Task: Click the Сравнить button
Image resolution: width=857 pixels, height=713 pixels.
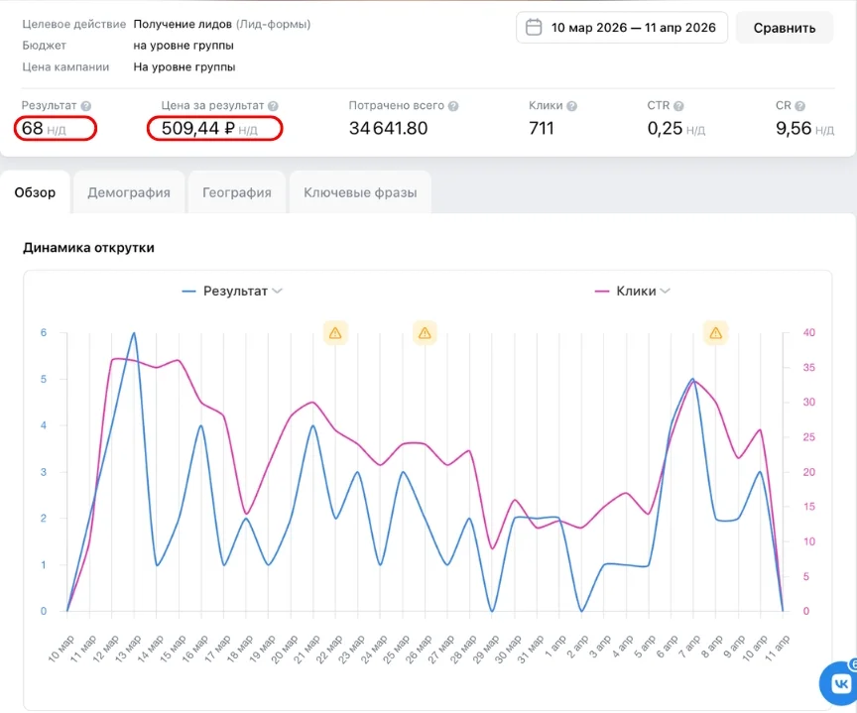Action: tap(785, 28)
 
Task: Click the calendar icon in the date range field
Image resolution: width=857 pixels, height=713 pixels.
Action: tap(534, 28)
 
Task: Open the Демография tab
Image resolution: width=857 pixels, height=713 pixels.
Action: tap(129, 192)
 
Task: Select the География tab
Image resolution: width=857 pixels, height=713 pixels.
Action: tap(237, 192)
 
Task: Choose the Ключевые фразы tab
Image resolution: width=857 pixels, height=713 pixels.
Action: tap(360, 192)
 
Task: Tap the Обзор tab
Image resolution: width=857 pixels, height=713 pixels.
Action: tap(35, 192)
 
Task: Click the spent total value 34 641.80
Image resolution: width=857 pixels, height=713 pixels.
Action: tap(388, 128)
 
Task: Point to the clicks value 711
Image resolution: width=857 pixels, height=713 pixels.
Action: tap(542, 128)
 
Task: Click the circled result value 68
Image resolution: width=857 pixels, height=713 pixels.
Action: tap(33, 128)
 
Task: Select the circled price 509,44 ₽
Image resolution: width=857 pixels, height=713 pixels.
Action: tap(197, 128)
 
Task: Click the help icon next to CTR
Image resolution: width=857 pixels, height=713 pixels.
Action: tap(678, 106)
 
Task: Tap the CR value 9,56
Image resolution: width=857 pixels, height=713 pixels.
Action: tap(794, 128)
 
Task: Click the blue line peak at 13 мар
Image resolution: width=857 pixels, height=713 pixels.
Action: tap(134, 333)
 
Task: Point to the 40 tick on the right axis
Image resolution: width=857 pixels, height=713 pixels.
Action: tap(808, 333)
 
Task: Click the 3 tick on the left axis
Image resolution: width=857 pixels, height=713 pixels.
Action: tap(44, 472)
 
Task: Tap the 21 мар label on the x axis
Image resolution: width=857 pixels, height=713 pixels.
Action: tap(306, 650)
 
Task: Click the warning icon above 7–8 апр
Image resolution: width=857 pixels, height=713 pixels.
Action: tap(715, 333)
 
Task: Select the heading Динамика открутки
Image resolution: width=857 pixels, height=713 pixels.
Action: tap(88, 248)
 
